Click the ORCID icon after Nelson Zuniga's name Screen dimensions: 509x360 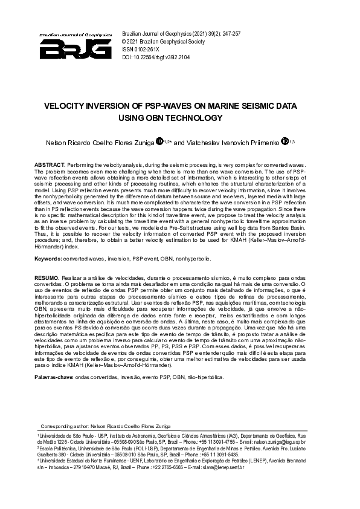(x=159, y=142)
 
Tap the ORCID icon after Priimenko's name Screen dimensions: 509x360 (x=285, y=142)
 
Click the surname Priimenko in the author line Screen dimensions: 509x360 (x=266, y=143)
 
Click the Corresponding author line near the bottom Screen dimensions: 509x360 (x=106, y=426)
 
